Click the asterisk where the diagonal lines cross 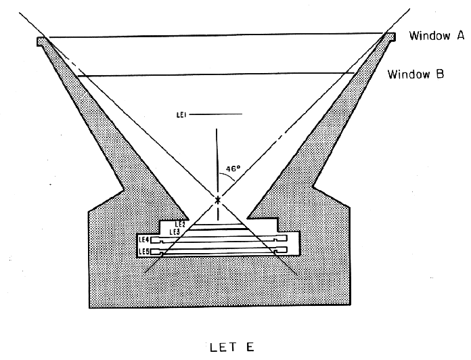[217, 200]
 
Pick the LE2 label [180, 223]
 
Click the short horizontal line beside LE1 [217, 116]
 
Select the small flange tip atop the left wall [42, 40]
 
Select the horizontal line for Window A [217, 35]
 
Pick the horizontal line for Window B [217, 75]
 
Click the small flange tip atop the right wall [392, 36]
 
